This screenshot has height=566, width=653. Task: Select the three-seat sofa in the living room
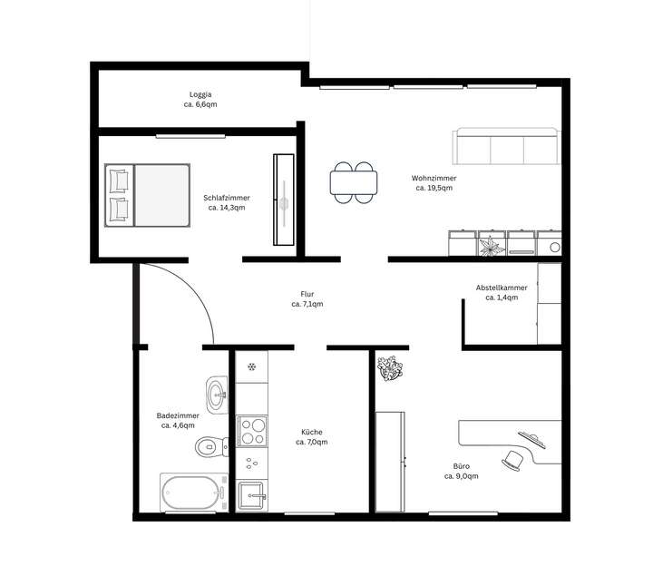pyautogui.click(x=505, y=146)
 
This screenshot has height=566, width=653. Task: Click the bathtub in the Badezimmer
pyautogui.click(x=192, y=493)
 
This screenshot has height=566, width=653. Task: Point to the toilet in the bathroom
pyautogui.click(x=211, y=446)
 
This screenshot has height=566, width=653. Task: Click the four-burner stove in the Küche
pyautogui.click(x=252, y=429)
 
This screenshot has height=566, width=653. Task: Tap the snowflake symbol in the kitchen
pyautogui.click(x=252, y=367)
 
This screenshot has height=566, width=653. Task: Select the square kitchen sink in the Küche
pyautogui.click(x=252, y=495)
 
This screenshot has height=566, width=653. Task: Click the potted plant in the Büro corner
pyautogui.click(x=391, y=368)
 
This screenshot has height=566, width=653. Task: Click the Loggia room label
pyautogui.click(x=200, y=94)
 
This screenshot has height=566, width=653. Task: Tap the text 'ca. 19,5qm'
pyautogui.click(x=434, y=189)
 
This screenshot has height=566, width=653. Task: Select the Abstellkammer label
pyautogui.click(x=501, y=288)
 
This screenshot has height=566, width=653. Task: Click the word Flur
pyautogui.click(x=307, y=294)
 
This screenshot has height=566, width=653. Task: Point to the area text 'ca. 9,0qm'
pyautogui.click(x=461, y=475)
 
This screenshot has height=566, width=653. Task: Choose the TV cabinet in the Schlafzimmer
pyautogui.click(x=284, y=199)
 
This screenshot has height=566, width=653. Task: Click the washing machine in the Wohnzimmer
pyautogui.click(x=550, y=245)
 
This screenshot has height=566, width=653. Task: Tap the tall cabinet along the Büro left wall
pyautogui.click(x=391, y=461)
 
